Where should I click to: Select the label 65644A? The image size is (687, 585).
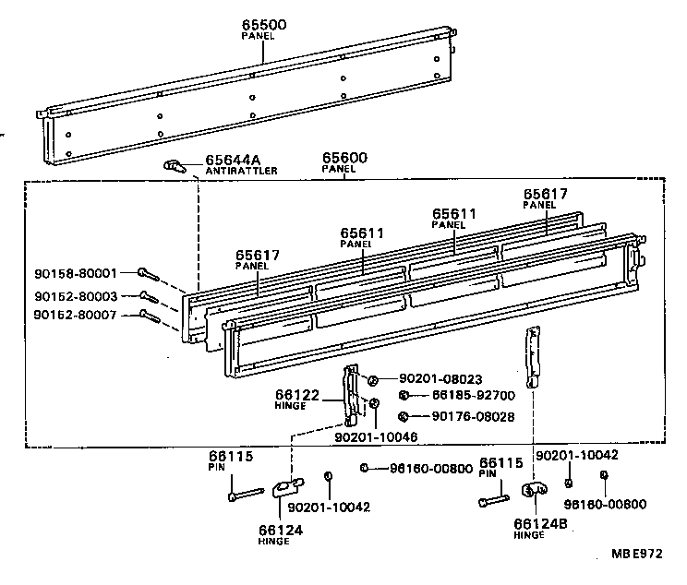pos(233,160)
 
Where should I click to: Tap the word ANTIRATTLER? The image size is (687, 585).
pos(241,171)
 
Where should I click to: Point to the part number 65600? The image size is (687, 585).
pos(344,159)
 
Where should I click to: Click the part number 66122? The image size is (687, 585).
pos(297,395)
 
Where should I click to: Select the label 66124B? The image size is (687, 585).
pos(539,523)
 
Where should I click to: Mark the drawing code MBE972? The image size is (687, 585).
pos(636,554)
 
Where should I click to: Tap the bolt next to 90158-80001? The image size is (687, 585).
pos(147,273)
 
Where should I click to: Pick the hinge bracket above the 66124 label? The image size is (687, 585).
pos(287,486)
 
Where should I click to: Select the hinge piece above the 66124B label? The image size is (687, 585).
pos(534,493)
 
